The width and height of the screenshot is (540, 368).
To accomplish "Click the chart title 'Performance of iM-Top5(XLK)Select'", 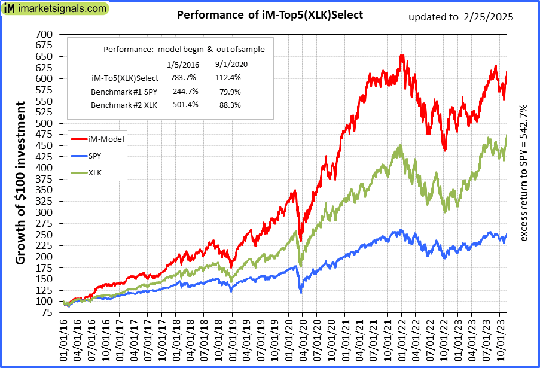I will tap(270, 15).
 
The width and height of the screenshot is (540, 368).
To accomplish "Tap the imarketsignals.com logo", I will tap(54, 9).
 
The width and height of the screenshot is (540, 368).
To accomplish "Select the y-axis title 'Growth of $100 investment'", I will tap(20, 183).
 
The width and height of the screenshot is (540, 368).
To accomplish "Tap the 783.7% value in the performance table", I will tap(181, 78).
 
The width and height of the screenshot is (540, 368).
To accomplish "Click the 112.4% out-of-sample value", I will tap(227, 78).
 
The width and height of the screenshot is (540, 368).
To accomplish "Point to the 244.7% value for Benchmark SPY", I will tap(181, 92).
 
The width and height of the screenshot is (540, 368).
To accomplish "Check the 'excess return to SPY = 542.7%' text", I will tap(524, 174).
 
